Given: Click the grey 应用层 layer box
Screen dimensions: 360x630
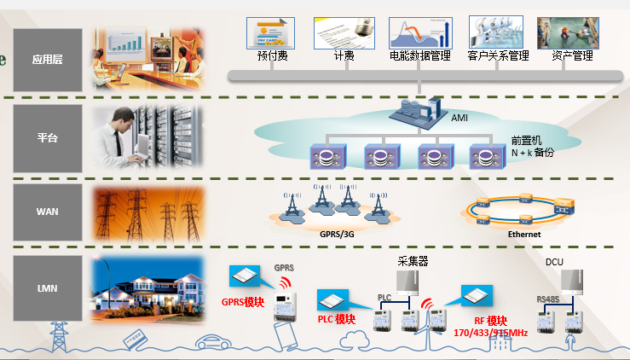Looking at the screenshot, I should pyautogui.click(x=48, y=61).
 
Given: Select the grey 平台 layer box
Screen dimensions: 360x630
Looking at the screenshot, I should pyautogui.click(x=48, y=137).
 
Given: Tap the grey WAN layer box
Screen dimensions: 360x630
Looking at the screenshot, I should pyautogui.click(x=48, y=210).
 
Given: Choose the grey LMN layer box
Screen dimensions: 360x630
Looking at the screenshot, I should pyautogui.click(x=48, y=288).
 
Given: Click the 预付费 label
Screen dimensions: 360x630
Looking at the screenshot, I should pyautogui.click(x=270, y=56).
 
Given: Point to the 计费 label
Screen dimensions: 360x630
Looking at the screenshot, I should pyautogui.click(x=344, y=56).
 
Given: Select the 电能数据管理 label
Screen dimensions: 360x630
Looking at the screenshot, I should pyautogui.click(x=419, y=56).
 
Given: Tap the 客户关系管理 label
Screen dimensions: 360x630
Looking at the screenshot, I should pyautogui.click(x=499, y=56).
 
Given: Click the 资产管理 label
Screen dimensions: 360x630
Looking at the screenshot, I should pyautogui.click(x=572, y=56).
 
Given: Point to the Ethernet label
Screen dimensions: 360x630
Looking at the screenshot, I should pyautogui.click(x=524, y=233).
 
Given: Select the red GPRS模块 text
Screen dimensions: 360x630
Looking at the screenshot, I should pyautogui.click(x=243, y=301).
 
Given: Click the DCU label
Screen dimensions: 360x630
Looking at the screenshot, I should pyautogui.click(x=554, y=263).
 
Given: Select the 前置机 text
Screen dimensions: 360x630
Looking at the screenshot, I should pyautogui.click(x=527, y=140).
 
